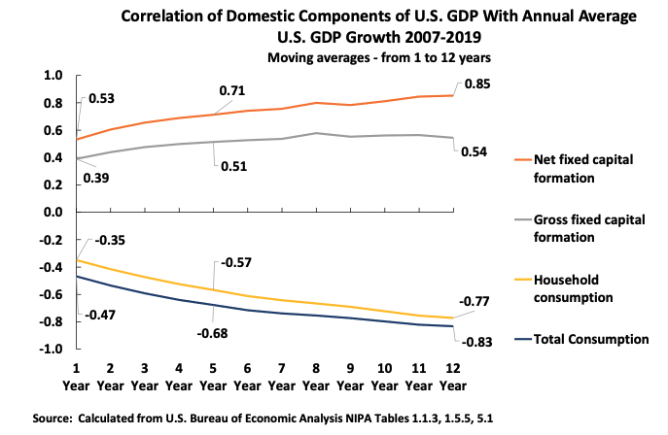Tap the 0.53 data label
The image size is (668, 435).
[101, 99]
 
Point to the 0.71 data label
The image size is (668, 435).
[231, 91]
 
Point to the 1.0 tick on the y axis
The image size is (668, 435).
[53, 76]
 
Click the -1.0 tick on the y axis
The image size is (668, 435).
[51, 349]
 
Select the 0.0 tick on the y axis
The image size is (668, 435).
[53, 212]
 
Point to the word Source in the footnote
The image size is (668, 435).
[56, 418]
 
